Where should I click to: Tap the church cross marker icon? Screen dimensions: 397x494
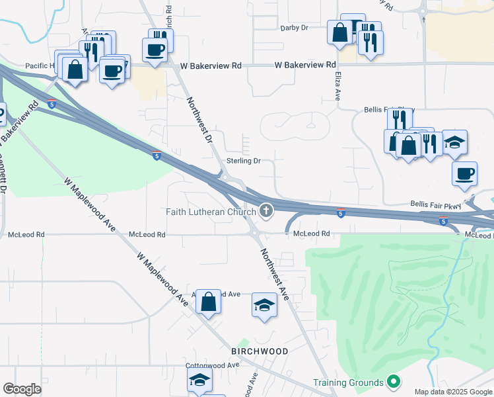[266, 211]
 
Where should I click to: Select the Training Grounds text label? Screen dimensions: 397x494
[348, 382]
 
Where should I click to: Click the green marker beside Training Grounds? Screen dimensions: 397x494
[394, 382]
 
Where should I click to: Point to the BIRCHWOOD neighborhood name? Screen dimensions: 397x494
[260, 351]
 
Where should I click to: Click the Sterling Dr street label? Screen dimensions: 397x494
[244, 161]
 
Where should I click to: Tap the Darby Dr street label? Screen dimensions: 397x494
[295, 28]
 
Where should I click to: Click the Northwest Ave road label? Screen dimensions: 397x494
[274, 274]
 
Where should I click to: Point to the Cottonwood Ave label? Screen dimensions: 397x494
[212, 365]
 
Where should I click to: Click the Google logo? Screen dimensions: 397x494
[22, 389]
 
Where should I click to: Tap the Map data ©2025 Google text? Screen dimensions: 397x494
[453, 392]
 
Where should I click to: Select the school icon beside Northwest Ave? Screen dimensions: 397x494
[264, 305]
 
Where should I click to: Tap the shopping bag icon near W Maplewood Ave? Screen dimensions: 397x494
[208, 302]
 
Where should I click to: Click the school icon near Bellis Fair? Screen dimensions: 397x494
[454, 142]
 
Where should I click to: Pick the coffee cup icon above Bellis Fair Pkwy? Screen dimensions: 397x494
[464, 173]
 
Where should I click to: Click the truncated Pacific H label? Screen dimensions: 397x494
[40, 66]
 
